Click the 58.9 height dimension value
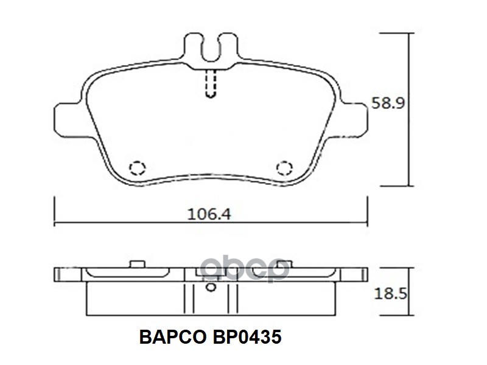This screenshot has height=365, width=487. tap(388, 103)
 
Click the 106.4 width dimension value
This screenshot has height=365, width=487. tap(209, 214)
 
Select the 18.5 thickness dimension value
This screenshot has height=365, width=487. tap(390, 293)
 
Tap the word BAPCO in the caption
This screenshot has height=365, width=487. tap(172, 337)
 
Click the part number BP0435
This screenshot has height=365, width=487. tap(247, 337)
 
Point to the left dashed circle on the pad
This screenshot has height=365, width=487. tap(138, 168)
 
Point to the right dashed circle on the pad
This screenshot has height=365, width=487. tap(284, 168)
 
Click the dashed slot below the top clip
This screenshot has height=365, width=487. tap(211, 83)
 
